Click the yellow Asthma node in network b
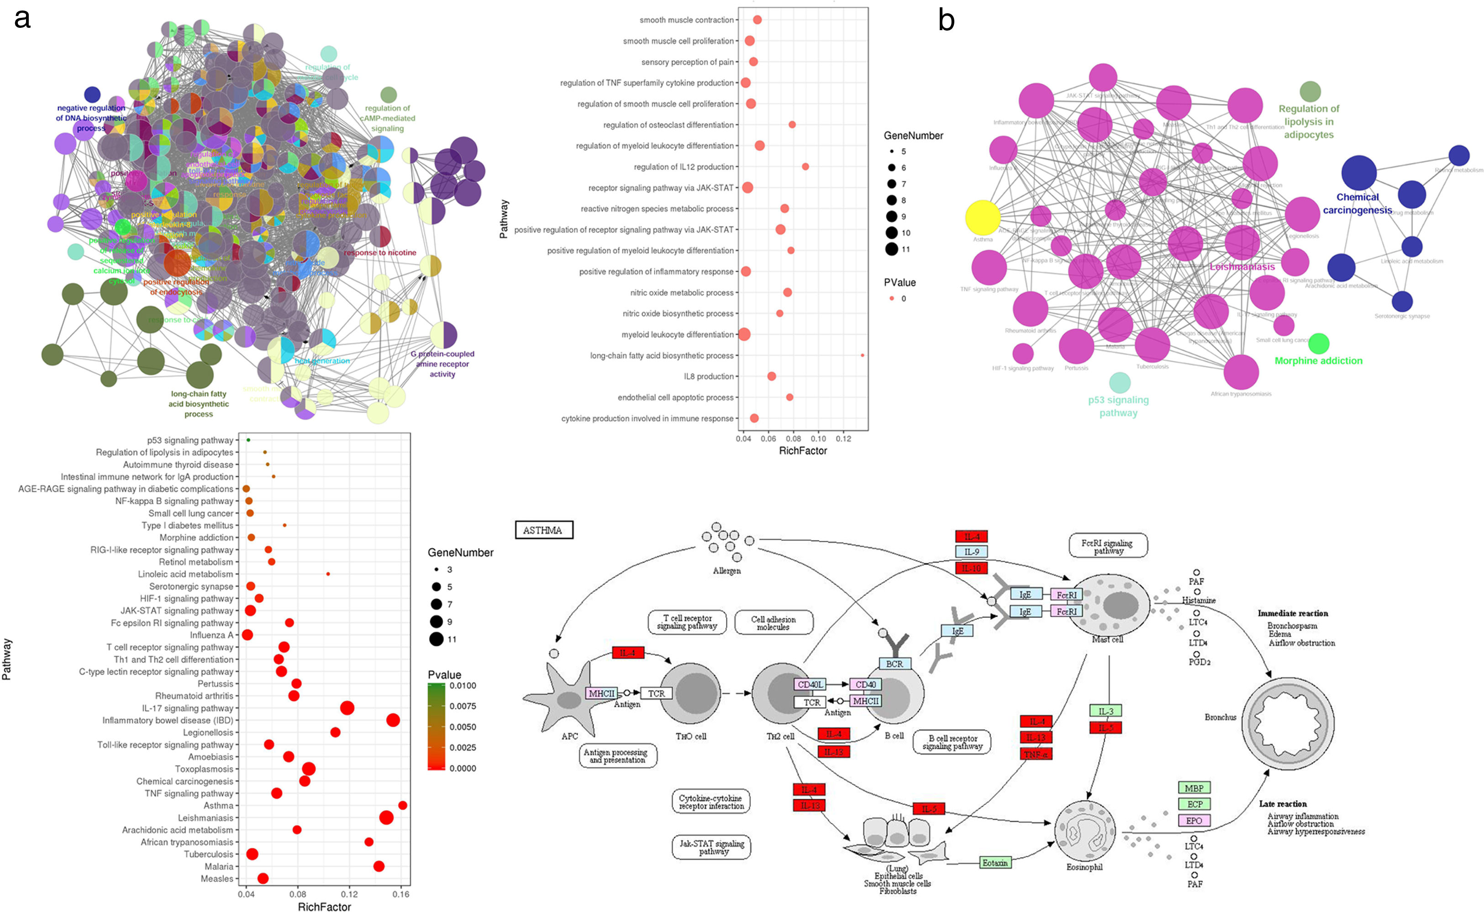point(982,218)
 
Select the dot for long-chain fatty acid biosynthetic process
point(862,355)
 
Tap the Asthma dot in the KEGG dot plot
point(403,805)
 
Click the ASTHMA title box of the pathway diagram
point(543,530)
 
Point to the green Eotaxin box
point(995,863)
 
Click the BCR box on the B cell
point(894,664)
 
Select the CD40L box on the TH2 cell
point(810,685)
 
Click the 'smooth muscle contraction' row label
point(686,20)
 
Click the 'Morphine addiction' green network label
point(1318,361)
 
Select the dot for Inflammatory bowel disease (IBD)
point(393,720)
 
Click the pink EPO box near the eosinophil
point(1194,820)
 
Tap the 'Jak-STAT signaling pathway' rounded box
point(711,847)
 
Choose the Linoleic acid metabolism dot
point(328,574)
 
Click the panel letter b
point(946,21)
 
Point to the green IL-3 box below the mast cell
point(1105,711)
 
